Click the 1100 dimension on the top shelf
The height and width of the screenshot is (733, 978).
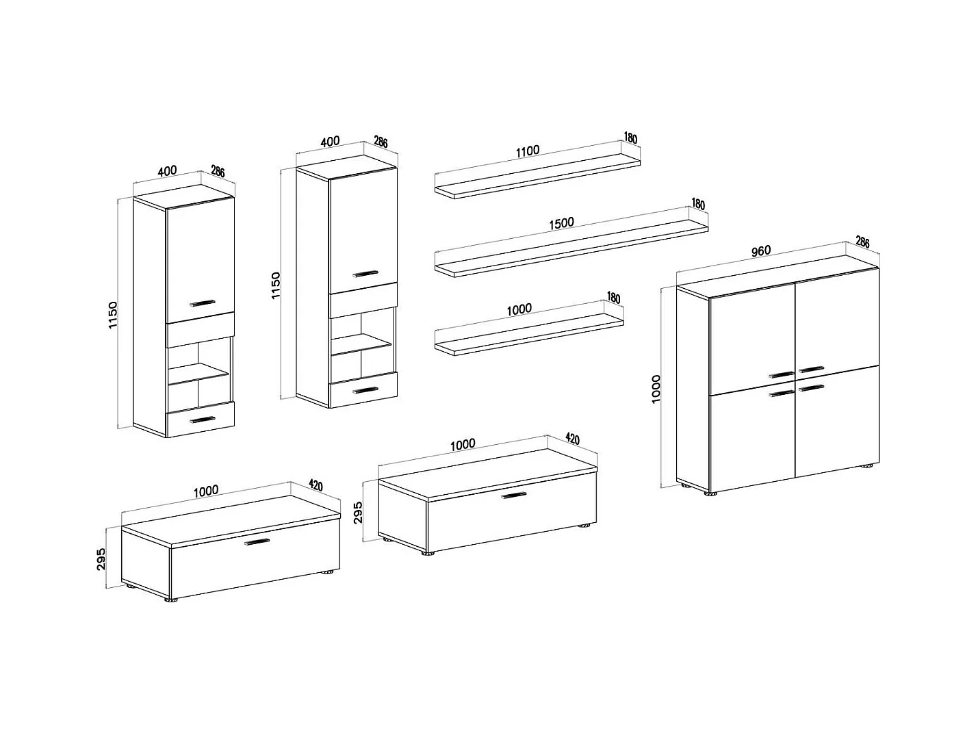528,151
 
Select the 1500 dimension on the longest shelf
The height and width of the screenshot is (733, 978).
561,223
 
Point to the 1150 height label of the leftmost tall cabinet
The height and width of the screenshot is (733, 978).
113,315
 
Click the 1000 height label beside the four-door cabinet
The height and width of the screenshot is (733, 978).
656,389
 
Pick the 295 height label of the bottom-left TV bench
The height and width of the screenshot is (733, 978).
101,558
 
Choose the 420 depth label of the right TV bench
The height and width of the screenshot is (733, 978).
572,439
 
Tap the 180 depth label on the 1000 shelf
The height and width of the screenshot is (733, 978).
613,298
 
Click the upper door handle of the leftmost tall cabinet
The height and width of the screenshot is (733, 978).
203,303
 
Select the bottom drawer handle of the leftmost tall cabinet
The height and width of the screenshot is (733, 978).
203,420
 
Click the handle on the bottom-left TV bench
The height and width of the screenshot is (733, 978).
257,541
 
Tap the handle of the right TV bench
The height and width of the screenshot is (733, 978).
514,495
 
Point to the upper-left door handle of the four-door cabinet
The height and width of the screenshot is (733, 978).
782,374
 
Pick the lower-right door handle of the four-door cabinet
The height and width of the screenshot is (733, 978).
812,387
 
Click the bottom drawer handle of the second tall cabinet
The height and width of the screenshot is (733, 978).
365,390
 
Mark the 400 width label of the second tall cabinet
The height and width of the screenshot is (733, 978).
330,142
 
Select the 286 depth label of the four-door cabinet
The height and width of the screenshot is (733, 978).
862,242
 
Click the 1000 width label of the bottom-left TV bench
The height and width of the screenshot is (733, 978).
206,491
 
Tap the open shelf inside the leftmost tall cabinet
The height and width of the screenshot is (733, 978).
198,372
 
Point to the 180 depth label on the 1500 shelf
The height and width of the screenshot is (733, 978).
698,204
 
